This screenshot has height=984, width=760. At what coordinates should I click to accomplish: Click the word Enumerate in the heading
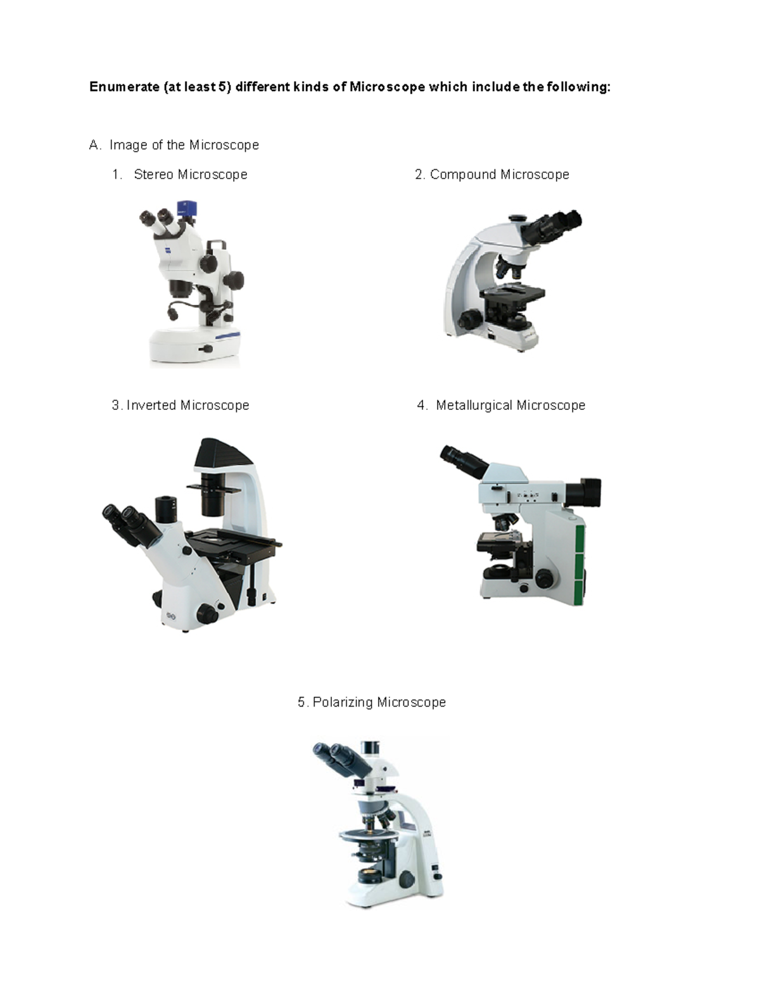coord(124,87)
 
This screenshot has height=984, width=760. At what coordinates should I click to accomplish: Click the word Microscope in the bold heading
coord(387,87)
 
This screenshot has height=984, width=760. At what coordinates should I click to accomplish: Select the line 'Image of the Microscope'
coord(184,145)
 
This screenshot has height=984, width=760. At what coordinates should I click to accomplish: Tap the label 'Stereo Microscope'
coord(190,175)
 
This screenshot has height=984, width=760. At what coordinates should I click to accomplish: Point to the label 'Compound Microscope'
coord(499,175)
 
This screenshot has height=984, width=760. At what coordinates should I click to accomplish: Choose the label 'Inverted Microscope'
coord(187,406)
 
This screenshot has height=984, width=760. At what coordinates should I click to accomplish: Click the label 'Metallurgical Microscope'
coord(510,406)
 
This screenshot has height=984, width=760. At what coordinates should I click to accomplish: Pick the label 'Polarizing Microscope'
coord(379,702)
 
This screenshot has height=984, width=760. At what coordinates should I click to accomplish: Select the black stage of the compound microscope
coord(513,293)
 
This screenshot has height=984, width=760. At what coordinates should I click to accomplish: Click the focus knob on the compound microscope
coord(469,318)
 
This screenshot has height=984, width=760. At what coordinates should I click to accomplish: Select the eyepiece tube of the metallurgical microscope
coord(464,461)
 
